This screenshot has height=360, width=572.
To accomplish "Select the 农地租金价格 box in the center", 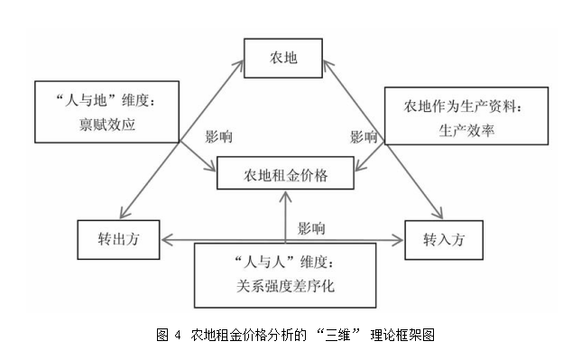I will click(x=285, y=175).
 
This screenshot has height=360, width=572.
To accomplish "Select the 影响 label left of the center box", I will click(x=220, y=138).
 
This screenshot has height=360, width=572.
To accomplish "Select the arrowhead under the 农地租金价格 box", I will click(x=285, y=196).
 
